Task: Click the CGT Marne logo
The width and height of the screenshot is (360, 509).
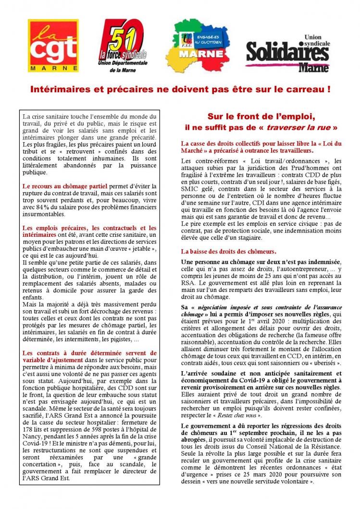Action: (53, 46)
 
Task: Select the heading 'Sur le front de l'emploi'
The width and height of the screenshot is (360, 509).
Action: (261, 117)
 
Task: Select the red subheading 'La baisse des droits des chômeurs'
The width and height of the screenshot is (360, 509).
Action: (228, 251)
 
